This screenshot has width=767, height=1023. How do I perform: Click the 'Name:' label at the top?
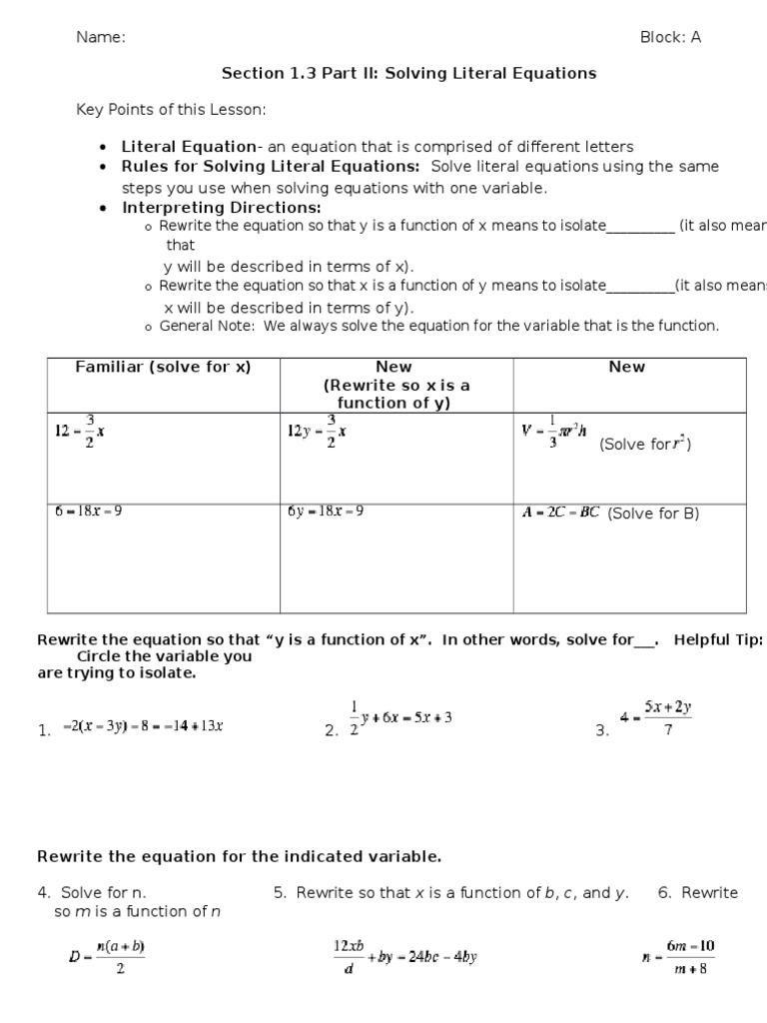(x=101, y=38)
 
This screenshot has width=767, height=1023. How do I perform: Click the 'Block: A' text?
(x=670, y=38)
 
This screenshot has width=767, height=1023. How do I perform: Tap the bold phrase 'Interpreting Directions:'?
(x=222, y=208)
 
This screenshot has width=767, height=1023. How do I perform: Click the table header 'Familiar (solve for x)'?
(x=164, y=367)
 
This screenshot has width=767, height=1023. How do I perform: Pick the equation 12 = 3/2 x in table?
(x=80, y=432)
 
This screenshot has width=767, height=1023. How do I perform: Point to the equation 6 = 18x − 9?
(x=89, y=511)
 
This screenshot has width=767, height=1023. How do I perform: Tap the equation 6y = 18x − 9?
(x=325, y=511)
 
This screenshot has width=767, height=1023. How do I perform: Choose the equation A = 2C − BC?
(x=560, y=512)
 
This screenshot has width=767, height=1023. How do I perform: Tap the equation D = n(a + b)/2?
(x=107, y=956)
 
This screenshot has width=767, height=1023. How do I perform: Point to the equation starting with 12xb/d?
(x=404, y=956)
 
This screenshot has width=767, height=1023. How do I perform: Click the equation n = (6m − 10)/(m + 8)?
(x=678, y=956)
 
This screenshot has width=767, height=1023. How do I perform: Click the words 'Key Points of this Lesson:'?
(x=171, y=109)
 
